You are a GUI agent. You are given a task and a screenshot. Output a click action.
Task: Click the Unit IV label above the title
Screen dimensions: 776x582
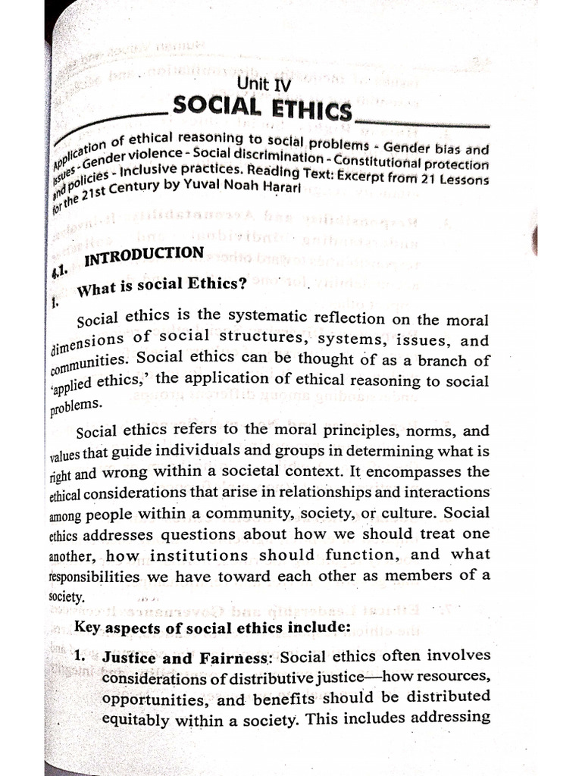coord(264,85)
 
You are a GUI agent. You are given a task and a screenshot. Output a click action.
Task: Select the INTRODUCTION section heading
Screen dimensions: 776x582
coord(144,256)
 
